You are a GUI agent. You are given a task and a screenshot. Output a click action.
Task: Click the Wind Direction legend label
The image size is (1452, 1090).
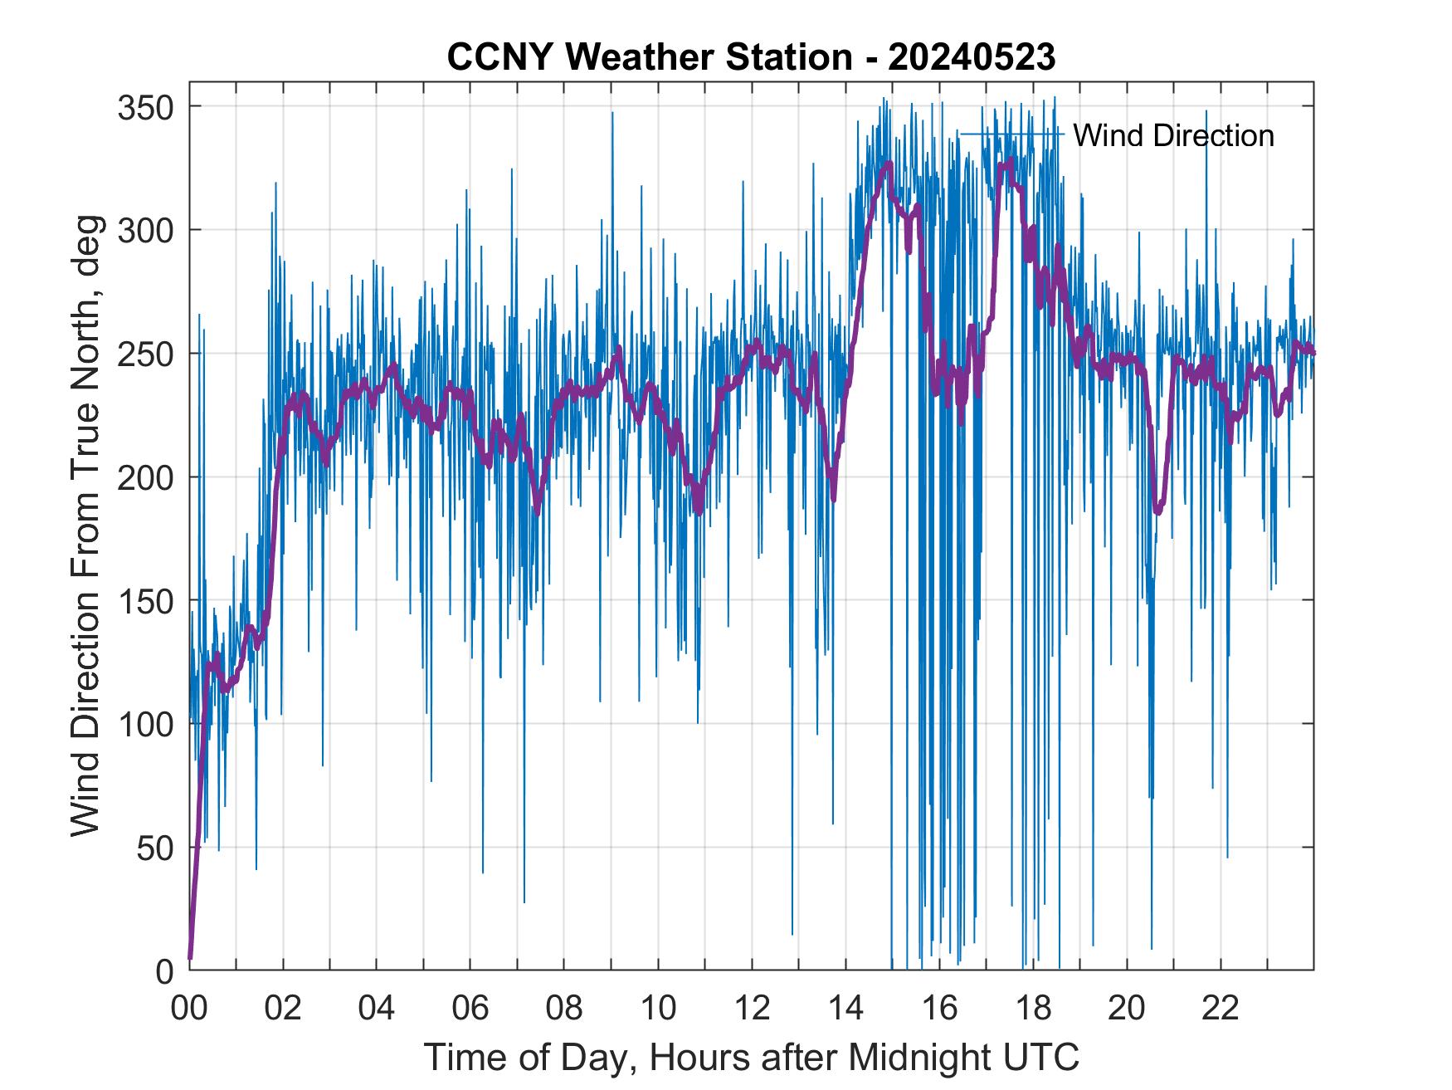pyautogui.click(x=1173, y=135)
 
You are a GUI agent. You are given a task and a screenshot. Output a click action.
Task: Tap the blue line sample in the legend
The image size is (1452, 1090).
pyautogui.click(x=1011, y=134)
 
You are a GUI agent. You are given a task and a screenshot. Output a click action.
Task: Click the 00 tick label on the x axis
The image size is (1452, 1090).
pyautogui.click(x=189, y=1009)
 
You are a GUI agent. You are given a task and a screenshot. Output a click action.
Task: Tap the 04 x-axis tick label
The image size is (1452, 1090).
pyautogui.click(x=377, y=1009)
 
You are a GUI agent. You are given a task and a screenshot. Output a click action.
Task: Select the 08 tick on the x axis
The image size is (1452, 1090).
pyautogui.click(x=564, y=1009)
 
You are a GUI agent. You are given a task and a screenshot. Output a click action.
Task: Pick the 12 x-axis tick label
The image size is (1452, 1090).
pyautogui.click(x=752, y=1009)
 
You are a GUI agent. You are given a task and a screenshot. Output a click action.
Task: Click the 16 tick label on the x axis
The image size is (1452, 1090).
pyautogui.click(x=939, y=1009)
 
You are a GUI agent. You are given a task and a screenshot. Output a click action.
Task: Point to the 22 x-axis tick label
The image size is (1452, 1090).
pyautogui.click(x=1221, y=1009)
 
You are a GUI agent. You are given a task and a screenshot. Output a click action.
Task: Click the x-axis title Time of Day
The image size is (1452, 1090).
pyautogui.click(x=752, y=1057)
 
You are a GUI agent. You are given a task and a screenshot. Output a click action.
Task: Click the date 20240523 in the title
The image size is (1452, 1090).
pyautogui.click(x=971, y=57)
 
